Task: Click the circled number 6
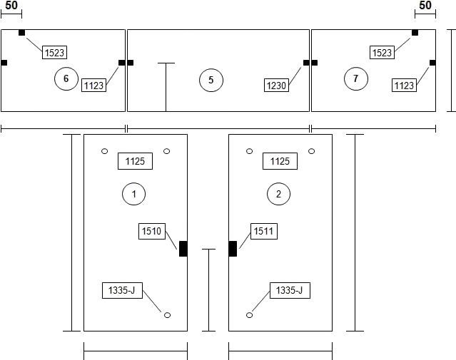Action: [x=66, y=78]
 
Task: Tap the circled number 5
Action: [x=211, y=80]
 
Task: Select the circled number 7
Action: [x=356, y=78]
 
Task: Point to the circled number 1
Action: [x=133, y=194]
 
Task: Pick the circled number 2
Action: [x=278, y=194]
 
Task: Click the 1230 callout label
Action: [x=276, y=86]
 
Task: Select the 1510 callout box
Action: [x=152, y=231]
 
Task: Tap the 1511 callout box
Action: [x=264, y=231]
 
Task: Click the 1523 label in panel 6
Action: [x=55, y=53]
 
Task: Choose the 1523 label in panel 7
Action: [x=382, y=53]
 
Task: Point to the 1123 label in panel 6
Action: [x=93, y=86]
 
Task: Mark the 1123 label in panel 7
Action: [x=404, y=86]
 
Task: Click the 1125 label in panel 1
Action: [x=135, y=161]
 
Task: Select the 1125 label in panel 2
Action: [x=280, y=161]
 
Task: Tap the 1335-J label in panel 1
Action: [x=122, y=290]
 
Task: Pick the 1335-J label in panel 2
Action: [x=290, y=290]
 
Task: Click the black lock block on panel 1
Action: [x=183, y=249]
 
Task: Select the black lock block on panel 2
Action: [x=233, y=249]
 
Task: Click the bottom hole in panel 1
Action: [x=167, y=315]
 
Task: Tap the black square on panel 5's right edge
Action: [x=306, y=63]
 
